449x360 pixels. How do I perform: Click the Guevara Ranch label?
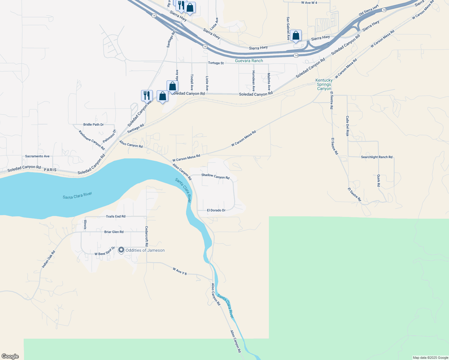[x=249, y=61]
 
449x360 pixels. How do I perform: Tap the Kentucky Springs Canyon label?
[x=324, y=85]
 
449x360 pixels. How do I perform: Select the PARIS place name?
[x=50, y=170]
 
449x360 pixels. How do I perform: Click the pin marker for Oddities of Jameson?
[x=121, y=250]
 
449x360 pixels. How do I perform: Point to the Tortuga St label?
[x=216, y=63]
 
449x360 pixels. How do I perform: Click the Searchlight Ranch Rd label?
[x=377, y=157]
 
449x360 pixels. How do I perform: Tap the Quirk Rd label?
[x=379, y=181]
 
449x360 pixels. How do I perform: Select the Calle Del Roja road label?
[x=347, y=126]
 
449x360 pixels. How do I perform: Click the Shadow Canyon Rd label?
[x=215, y=176]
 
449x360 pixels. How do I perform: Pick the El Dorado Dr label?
[x=216, y=210]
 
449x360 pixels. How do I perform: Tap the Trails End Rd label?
[x=116, y=216]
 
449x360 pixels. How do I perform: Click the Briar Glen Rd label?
[x=114, y=232]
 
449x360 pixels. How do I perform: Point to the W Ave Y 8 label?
[x=180, y=271]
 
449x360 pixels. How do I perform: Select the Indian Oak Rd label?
[x=49, y=259]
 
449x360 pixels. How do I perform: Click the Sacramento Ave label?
[x=37, y=156]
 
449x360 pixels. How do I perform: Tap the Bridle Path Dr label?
[x=93, y=124]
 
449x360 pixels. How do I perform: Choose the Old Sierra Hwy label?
[x=369, y=10]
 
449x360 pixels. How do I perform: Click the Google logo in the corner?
[x=10, y=356]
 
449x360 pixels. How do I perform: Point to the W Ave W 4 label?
[x=309, y=3]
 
